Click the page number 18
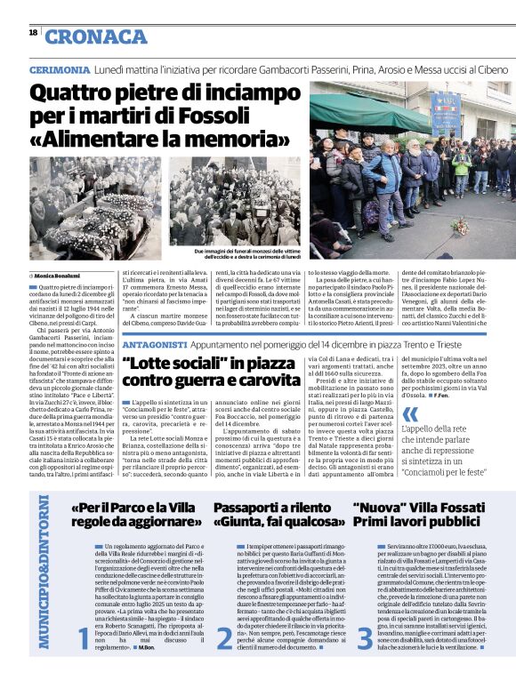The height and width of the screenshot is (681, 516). tap(33, 32)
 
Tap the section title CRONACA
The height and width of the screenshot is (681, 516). tap(96, 36)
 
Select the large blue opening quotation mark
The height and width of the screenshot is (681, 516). tap(409, 414)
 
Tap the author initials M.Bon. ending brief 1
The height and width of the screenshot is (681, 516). tap(147, 672)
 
